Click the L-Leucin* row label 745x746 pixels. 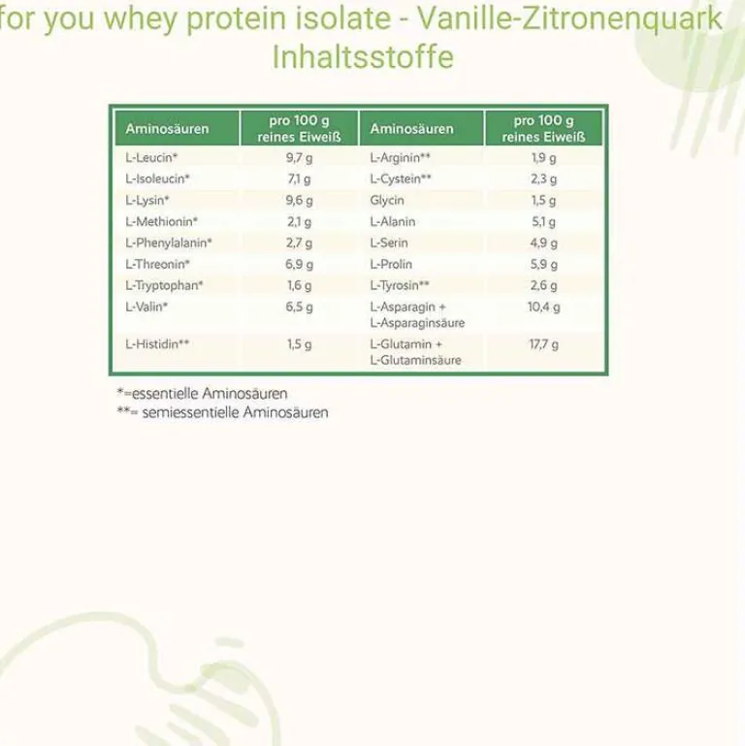152,157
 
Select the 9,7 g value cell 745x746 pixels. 299,157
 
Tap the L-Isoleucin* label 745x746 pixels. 158,178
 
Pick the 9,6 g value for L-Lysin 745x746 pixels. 299,200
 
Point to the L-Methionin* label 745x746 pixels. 162,221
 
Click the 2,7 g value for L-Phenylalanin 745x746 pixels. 299,243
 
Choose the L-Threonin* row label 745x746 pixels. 158,264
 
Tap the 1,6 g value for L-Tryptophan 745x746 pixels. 299,285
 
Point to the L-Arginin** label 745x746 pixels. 401,157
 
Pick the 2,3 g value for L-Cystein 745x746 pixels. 543,178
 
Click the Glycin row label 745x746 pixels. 386,200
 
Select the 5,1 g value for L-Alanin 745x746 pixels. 543,221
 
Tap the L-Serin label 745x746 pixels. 390,243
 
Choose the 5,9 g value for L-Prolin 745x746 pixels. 543,264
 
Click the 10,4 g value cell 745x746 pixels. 543,307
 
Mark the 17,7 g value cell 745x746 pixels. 543,343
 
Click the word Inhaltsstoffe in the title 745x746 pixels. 363,56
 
